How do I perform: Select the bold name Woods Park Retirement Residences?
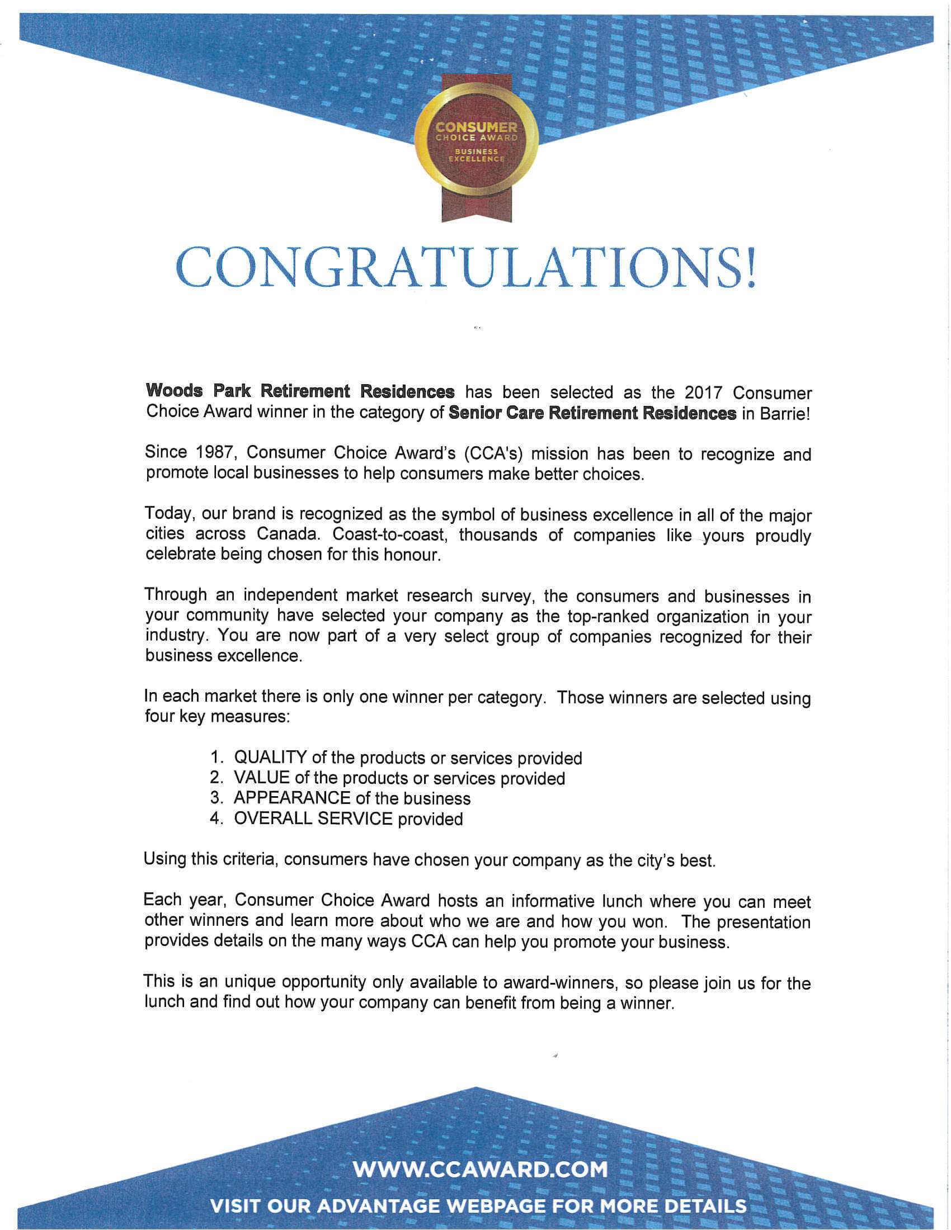click(x=300, y=391)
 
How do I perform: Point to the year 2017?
click(x=703, y=392)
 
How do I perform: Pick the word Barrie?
click(x=784, y=413)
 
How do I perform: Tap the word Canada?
click(x=289, y=534)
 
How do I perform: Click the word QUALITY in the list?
click(x=270, y=758)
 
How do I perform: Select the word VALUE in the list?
click(x=261, y=778)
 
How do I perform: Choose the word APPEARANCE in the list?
click(x=292, y=798)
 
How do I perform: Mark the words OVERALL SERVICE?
click(x=313, y=819)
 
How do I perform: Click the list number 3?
click(x=215, y=798)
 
